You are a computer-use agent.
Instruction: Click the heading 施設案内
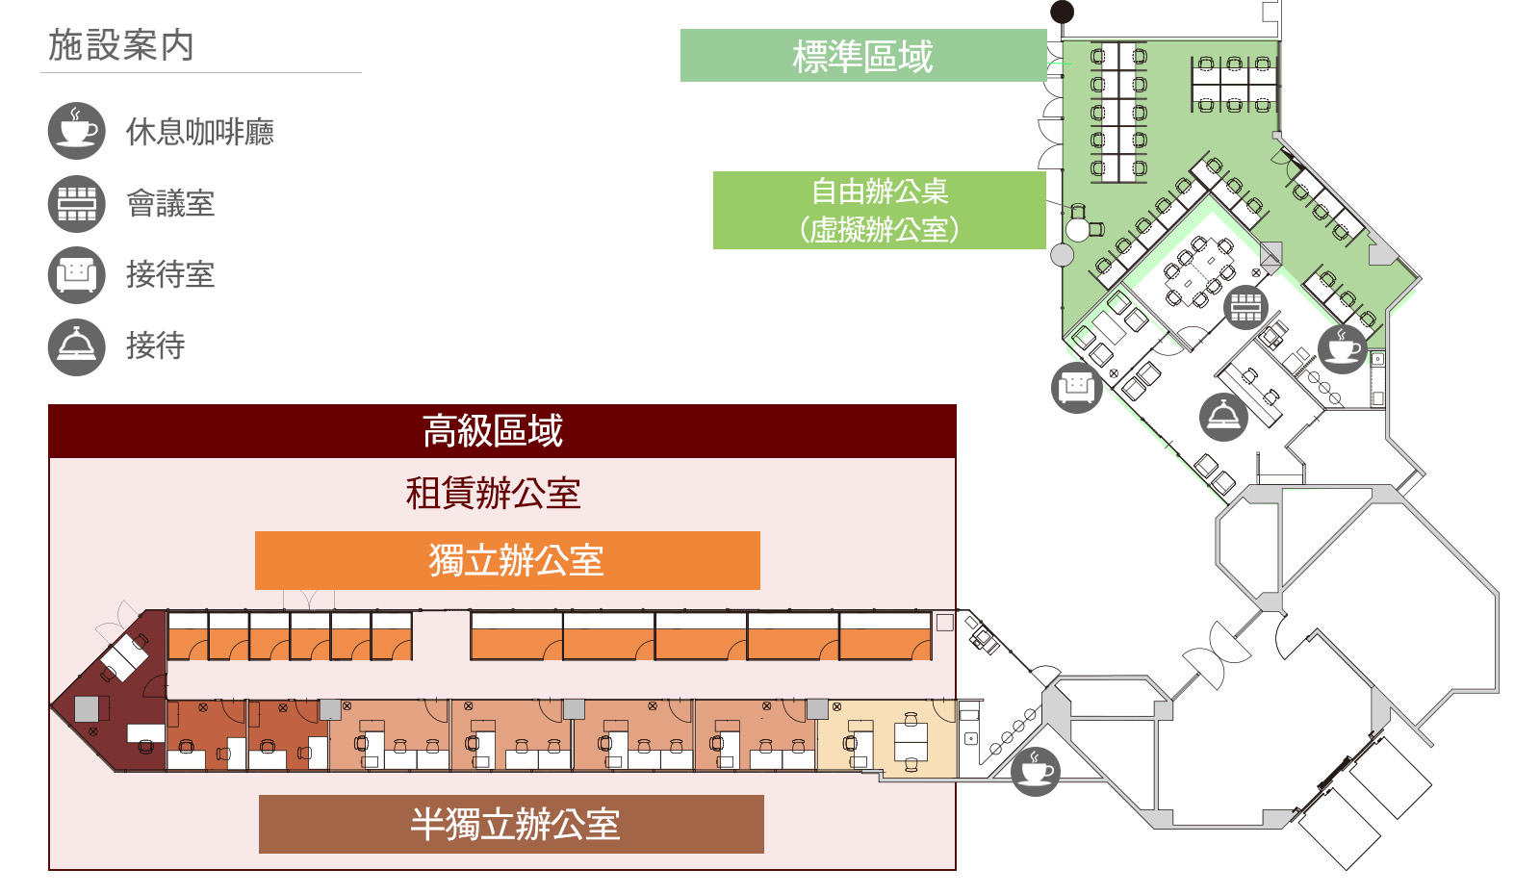(121, 45)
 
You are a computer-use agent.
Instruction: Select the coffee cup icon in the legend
(76, 131)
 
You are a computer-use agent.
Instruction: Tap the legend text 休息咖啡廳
(200, 132)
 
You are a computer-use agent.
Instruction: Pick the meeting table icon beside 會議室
(76, 203)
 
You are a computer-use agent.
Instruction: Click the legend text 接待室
(170, 274)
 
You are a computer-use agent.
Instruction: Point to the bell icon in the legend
(76, 346)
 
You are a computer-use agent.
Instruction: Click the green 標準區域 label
(862, 56)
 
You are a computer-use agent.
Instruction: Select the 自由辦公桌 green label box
(879, 210)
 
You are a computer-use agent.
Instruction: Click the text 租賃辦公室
(493, 494)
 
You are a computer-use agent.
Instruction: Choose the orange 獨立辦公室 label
(507, 560)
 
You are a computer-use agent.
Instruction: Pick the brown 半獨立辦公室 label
(511, 824)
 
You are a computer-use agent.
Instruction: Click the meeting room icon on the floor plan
(1245, 307)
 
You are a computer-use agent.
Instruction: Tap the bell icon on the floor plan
(1223, 417)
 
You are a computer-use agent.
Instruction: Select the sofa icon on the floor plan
(1076, 388)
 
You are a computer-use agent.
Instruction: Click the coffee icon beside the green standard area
(1343, 348)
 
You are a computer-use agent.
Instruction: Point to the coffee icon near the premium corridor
(1036, 771)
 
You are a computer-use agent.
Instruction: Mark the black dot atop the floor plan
(1062, 12)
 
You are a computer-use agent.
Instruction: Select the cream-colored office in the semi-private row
(885, 736)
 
